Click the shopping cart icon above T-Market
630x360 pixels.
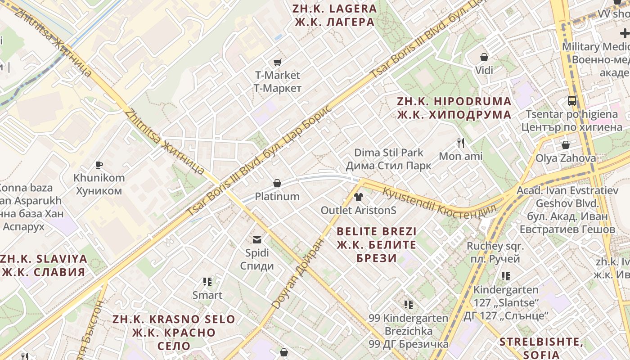[277, 62]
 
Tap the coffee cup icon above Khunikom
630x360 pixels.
[99, 165]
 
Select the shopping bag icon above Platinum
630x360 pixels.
[277, 183]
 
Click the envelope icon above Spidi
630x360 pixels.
[257, 239]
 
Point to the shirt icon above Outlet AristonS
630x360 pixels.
[359, 197]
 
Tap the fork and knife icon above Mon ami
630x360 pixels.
[460, 143]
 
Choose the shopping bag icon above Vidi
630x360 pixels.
[484, 57]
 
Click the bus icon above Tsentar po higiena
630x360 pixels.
[572, 101]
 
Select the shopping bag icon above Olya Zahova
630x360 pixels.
[566, 145]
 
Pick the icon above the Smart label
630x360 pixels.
[207, 282]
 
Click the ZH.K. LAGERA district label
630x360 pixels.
[334, 15]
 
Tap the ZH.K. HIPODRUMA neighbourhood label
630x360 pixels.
[454, 108]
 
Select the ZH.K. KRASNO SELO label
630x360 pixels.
[174, 333]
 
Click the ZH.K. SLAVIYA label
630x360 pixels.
[44, 265]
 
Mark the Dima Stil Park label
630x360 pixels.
[389, 159]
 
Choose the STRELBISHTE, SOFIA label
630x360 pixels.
[541, 347]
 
